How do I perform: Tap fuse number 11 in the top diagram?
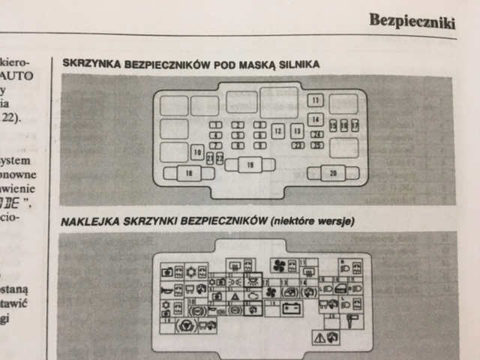[x=316, y=100]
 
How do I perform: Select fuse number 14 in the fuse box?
[x=316, y=119]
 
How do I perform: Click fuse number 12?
[x=277, y=131]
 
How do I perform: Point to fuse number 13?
[x=297, y=131]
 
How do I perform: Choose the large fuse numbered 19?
[x=249, y=164]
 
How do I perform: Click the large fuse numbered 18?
[x=187, y=174]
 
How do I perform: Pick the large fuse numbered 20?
[x=333, y=174]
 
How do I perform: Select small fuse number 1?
[x=215, y=125]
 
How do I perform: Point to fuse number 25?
[x=318, y=145]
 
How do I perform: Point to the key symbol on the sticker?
[x=351, y=323]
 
